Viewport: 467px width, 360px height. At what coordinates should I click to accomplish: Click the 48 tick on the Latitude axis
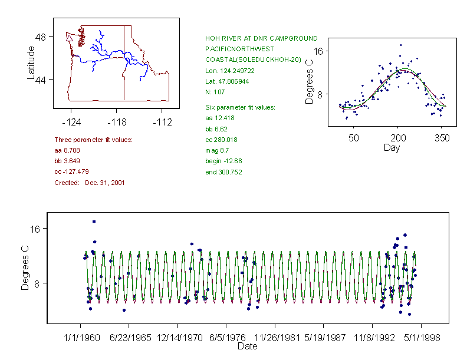41,37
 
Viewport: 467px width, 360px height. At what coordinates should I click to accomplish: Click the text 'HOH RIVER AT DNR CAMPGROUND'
261,38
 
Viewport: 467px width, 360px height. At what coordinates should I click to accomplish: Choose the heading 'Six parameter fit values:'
236,107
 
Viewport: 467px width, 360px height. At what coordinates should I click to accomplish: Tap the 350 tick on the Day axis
442,138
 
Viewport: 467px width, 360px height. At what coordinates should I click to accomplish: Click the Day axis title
392,147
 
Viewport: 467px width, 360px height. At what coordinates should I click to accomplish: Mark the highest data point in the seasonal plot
401,45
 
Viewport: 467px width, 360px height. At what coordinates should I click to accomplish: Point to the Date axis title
248,346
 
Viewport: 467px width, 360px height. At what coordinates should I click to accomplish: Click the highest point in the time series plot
94,222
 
